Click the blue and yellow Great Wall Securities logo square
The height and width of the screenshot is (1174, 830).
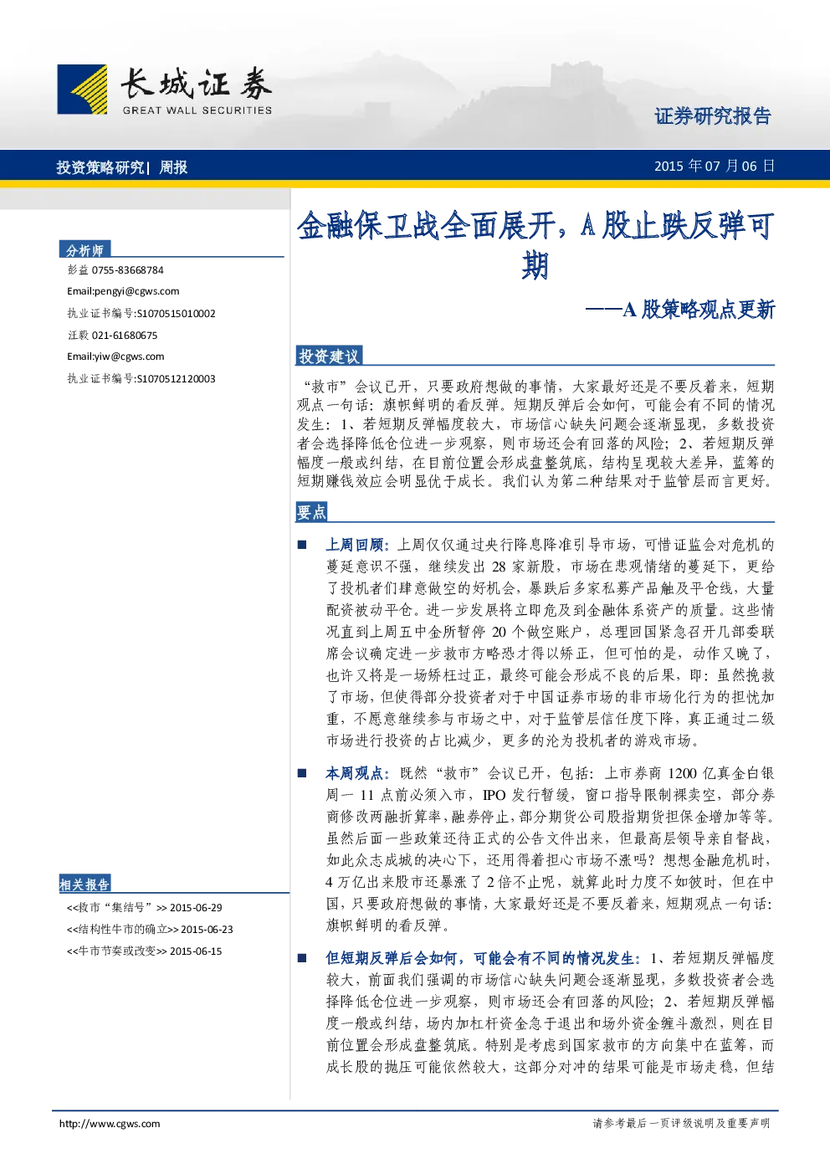(82, 89)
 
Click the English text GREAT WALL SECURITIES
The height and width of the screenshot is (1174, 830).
(197, 110)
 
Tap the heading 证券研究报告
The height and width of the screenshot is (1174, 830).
(713, 115)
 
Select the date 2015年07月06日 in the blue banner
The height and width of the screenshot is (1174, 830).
(715, 167)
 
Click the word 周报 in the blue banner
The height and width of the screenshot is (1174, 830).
(173, 167)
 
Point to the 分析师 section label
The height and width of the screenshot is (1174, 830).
(85, 250)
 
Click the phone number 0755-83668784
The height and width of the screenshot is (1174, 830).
(127, 270)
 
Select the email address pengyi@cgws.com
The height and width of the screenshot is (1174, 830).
(136, 291)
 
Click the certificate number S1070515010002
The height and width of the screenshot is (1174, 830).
(176, 314)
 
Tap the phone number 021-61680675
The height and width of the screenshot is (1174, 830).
(124, 336)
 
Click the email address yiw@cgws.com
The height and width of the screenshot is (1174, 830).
(130, 356)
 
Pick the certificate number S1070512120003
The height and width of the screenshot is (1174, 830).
(176, 379)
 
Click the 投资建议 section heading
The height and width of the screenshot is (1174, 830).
(329, 356)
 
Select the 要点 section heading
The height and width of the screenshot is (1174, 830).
(311, 512)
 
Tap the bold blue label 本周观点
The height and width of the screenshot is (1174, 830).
(355, 773)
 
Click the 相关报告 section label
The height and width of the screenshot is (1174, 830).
(85, 884)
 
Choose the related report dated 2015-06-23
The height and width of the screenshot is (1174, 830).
(150, 929)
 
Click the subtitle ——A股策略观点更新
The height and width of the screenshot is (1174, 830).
(679, 310)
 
